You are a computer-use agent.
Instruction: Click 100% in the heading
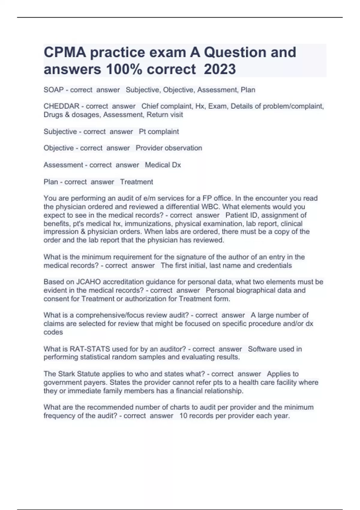tap(123, 69)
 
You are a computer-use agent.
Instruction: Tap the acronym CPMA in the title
tap(65, 52)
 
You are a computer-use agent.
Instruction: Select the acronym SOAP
tap(54, 90)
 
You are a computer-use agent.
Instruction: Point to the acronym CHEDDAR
tap(61, 106)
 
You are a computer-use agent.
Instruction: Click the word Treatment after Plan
tap(136, 182)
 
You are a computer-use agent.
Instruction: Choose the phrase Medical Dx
tap(163, 165)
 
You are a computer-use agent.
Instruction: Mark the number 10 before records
tap(183, 416)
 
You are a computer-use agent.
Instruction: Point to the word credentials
tap(274, 265)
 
